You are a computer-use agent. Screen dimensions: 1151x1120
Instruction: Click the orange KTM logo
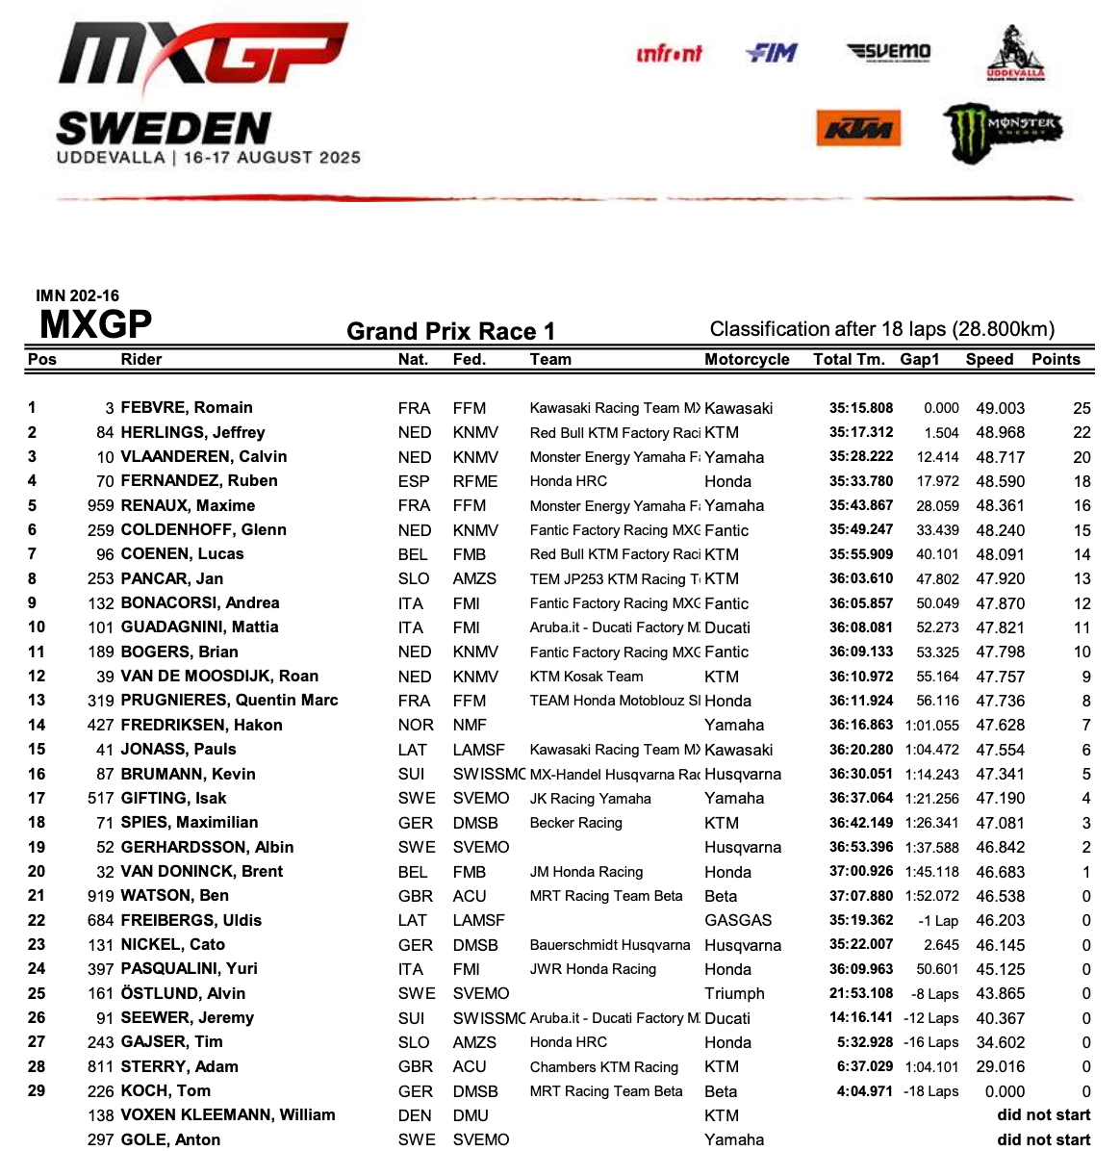point(858,128)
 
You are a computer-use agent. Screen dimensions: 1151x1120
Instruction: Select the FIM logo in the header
point(772,53)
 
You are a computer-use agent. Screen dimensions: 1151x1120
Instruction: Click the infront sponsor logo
point(670,54)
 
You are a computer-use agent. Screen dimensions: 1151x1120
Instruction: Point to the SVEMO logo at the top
point(889,51)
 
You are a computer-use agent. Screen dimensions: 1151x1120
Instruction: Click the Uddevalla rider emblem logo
point(1015,55)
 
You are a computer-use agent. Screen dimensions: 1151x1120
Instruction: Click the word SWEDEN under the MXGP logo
point(164,129)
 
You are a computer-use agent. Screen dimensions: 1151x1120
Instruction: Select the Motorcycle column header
point(747,359)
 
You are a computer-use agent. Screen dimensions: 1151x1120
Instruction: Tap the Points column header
point(1056,359)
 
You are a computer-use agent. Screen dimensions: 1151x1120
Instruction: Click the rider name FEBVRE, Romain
point(187,408)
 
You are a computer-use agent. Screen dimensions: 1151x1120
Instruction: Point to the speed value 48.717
point(1000,457)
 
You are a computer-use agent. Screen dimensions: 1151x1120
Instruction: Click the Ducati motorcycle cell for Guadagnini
point(727,627)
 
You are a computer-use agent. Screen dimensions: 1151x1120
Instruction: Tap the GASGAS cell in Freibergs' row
point(738,920)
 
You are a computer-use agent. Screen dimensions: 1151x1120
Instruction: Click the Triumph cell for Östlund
point(734,993)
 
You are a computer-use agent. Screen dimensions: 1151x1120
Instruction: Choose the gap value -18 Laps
point(930,1091)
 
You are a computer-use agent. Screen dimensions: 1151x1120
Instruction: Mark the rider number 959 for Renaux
point(100,505)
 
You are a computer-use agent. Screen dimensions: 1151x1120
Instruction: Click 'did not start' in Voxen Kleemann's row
point(1043,1115)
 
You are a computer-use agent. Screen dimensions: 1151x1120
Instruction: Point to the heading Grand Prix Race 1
point(450,331)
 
